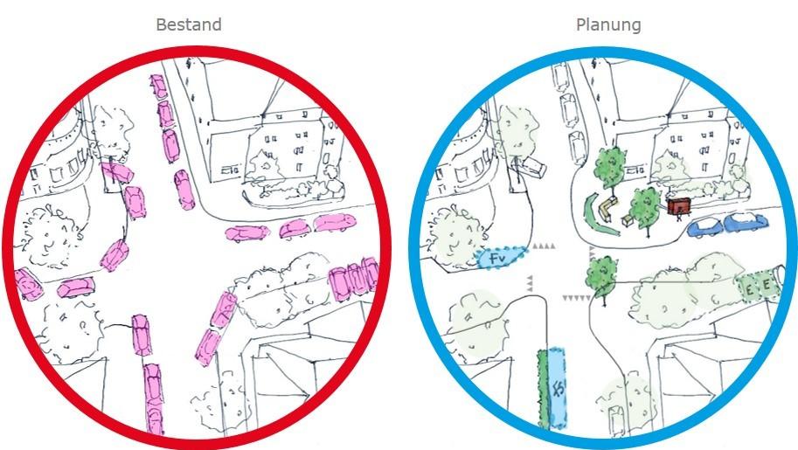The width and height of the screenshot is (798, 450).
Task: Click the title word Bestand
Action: (x=188, y=24)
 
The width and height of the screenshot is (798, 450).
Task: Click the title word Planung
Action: (x=608, y=24)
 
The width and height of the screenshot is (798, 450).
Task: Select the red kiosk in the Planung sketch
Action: (x=677, y=206)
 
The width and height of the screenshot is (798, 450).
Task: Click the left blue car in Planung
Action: (x=704, y=228)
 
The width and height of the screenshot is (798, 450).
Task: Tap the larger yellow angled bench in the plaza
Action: (x=607, y=207)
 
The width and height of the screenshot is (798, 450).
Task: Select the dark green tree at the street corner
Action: (x=601, y=273)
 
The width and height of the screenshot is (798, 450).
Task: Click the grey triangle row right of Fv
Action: (x=544, y=247)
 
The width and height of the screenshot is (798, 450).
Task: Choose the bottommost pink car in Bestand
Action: (x=154, y=415)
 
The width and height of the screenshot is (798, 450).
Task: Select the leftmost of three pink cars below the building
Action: (x=247, y=233)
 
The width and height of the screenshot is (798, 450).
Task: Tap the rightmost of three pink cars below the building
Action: (x=334, y=222)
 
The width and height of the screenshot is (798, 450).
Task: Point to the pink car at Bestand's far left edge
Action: (x=29, y=283)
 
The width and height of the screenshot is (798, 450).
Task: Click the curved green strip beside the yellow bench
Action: (x=595, y=215)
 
